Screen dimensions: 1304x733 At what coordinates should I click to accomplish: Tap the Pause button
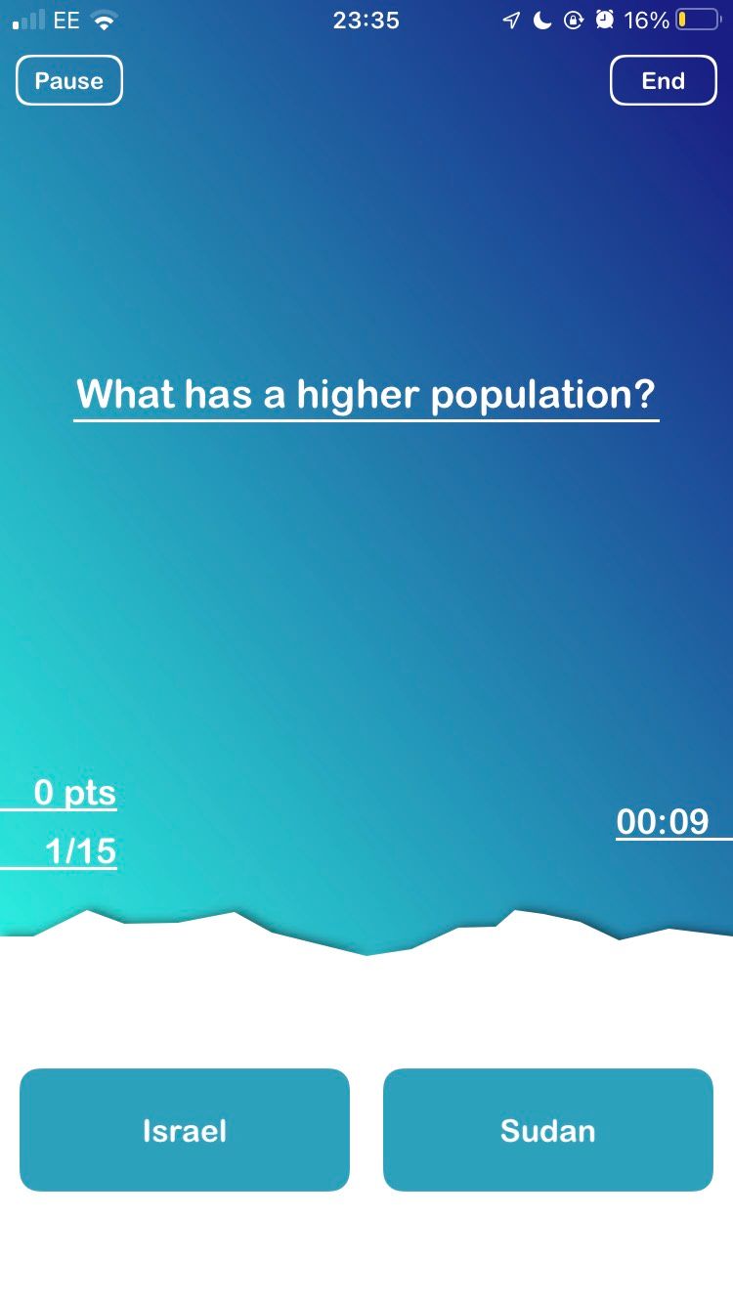click(68, 80)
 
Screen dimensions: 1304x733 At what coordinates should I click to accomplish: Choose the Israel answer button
click(185, 1130)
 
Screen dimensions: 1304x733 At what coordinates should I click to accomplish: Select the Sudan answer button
click(547, 1130)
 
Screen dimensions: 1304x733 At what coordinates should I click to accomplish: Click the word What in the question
click(124, 395)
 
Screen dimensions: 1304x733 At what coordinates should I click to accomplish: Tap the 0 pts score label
click(74, 793)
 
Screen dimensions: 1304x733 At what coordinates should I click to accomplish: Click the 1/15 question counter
click(81, 851)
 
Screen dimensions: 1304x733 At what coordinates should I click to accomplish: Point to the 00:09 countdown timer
click(663, 822)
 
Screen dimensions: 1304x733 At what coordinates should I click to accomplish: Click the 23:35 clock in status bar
click(366, 21)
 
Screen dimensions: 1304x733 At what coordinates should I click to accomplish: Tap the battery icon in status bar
click(697, 21)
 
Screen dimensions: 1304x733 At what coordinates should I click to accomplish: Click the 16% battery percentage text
click(646, 21)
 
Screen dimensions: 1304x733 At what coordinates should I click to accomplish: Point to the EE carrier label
click(66, 21)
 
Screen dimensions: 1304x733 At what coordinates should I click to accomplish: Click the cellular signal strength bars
click(29, 21)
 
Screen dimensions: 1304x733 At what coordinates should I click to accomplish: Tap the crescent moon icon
click(542, 21)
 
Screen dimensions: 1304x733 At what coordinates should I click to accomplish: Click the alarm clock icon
click(605, 21)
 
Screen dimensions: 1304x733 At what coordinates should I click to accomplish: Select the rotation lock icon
click(574, 21)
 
